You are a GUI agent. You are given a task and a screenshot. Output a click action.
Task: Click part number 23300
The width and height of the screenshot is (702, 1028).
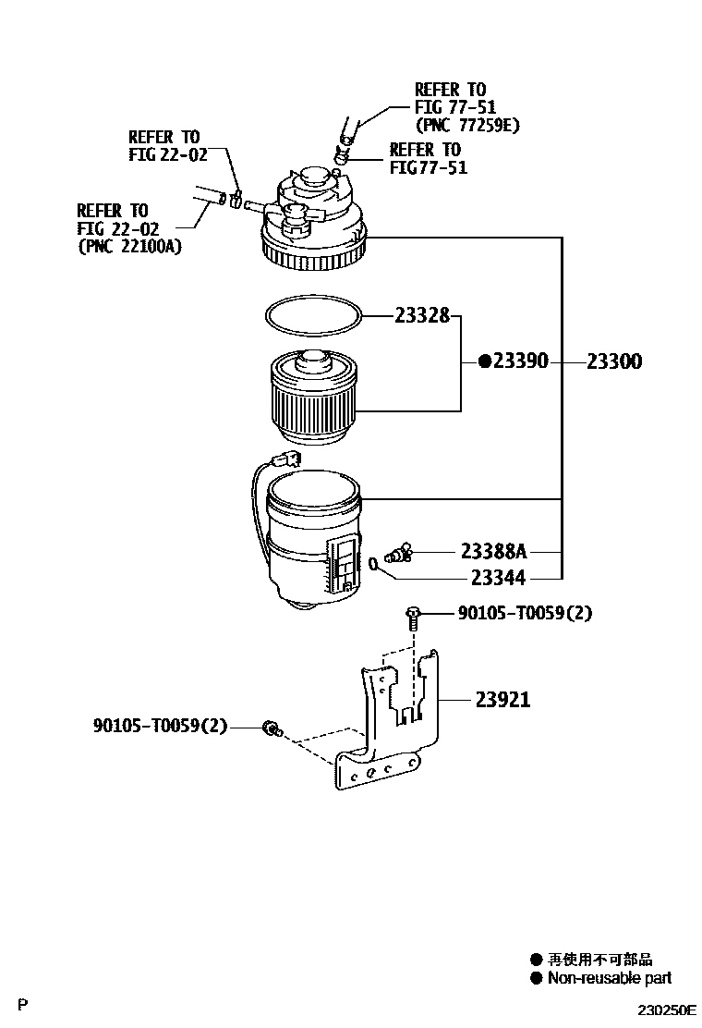[614, 362]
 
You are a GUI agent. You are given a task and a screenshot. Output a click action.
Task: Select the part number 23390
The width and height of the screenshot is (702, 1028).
[520, 362]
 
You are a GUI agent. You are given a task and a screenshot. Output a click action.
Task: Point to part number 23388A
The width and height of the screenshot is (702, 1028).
[493, 552]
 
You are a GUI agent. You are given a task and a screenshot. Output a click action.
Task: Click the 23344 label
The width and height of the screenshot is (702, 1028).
[498, 579]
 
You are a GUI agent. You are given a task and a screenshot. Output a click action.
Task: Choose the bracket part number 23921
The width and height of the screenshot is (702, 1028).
[503, 700]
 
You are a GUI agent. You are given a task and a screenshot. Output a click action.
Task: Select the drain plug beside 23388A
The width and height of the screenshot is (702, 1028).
[400, 555]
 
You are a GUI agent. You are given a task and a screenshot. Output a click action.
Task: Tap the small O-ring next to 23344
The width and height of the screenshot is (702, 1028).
[374, 562]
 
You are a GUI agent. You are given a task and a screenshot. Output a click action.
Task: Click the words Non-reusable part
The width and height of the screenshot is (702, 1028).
[610, 978]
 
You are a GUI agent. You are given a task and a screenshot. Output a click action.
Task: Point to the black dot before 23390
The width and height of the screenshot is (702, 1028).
[484, 362]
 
